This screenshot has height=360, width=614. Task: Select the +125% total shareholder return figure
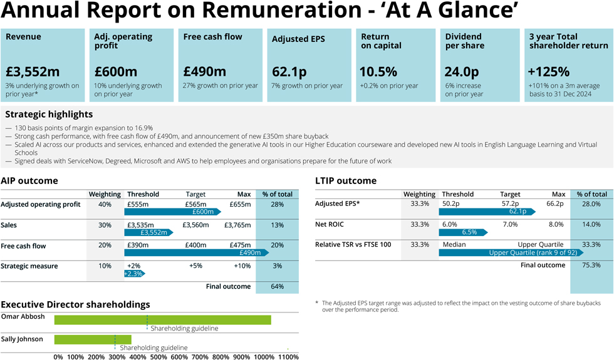pos(549,71)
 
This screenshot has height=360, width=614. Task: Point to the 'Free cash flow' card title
pos(212,37)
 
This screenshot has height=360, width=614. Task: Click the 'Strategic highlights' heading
pos(49,114)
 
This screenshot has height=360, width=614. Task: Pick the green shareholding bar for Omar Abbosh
pos(162,320)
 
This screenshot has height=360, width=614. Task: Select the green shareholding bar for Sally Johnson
pos(93,339)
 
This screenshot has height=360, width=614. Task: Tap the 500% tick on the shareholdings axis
pos(159,356)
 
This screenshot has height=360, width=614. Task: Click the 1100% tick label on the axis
pos(288,356)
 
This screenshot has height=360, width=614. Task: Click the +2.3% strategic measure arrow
pos(134,274)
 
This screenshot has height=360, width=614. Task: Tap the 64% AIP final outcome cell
pos(277,287)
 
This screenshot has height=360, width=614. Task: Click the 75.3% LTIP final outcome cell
pos(591,265)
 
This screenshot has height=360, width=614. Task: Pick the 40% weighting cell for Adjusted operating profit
pos(105,205)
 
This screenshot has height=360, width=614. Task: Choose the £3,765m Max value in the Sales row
pos(237,225)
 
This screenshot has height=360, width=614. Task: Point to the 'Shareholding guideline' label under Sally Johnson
pos(153,347)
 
